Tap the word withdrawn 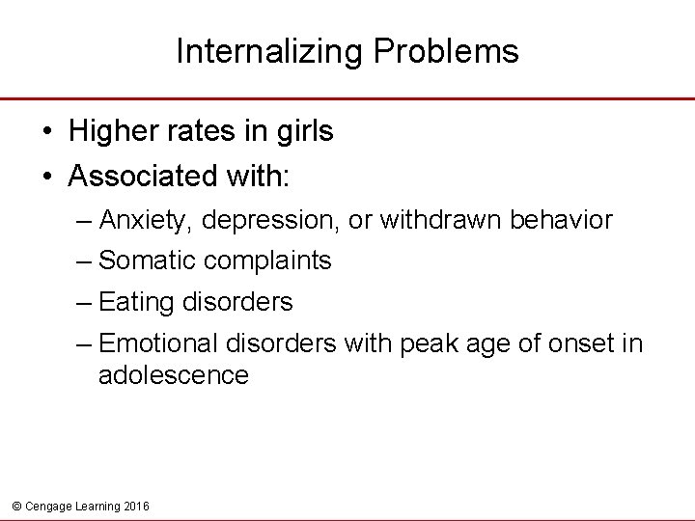(x=438, y=220)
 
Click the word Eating (x=134, y=303)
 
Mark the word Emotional (x=158, y=343)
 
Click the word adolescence (x=174, y=375)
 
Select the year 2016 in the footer (x=136, y=506)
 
